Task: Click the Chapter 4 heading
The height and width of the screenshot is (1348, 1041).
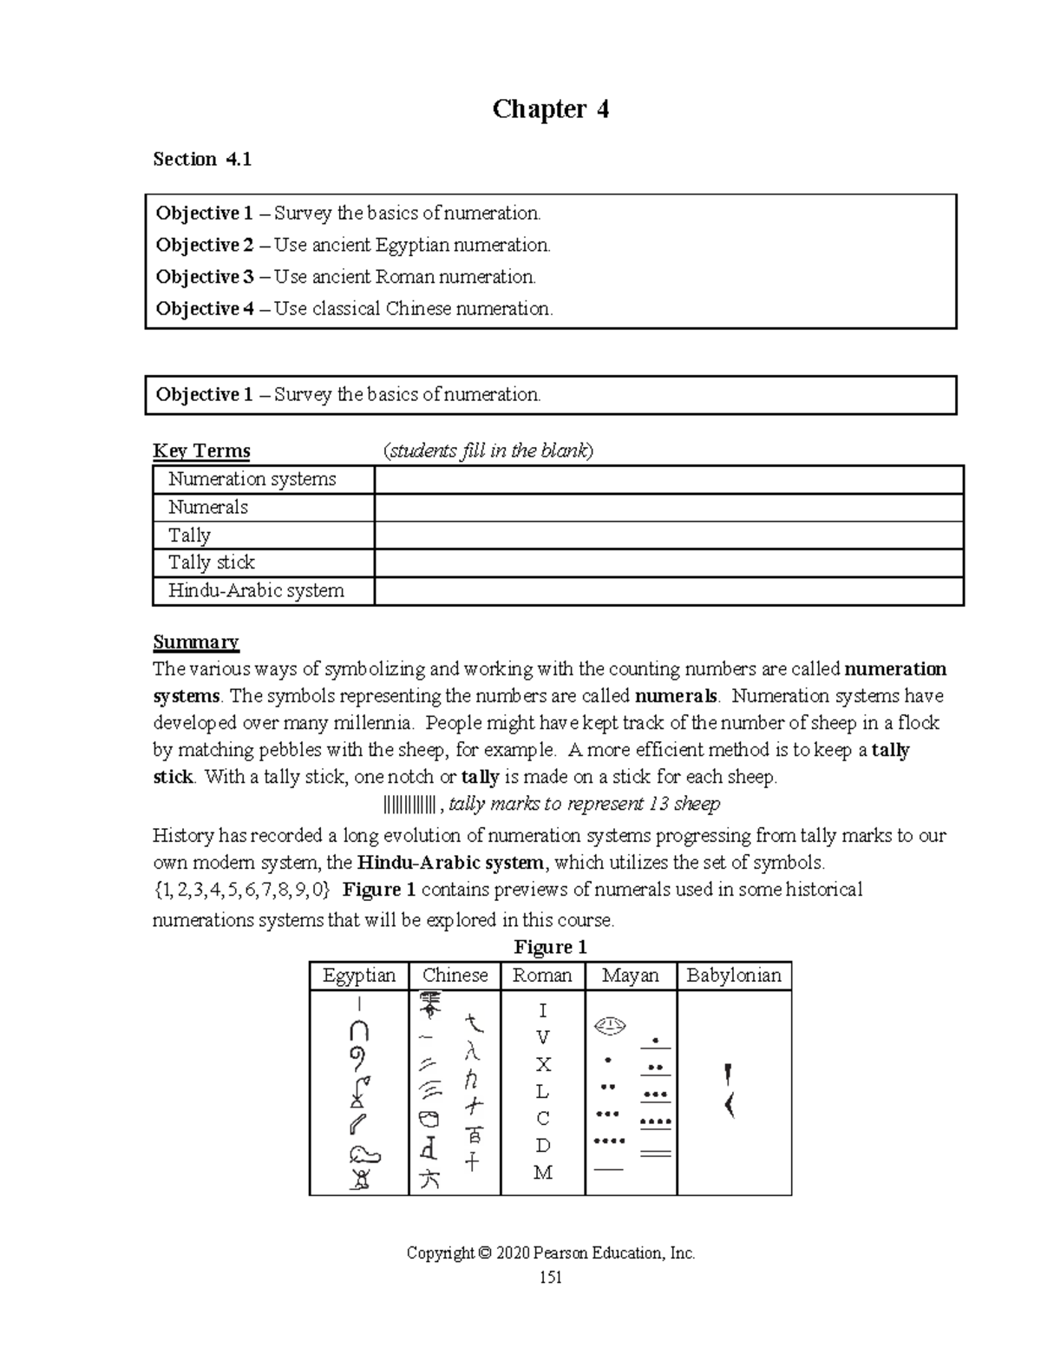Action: (x=550, y=109)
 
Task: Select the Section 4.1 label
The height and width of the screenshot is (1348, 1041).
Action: (x=201, y=159)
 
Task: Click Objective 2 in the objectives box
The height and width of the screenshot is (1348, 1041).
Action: (x=204, y=246)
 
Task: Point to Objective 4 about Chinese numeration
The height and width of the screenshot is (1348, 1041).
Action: (x=204, y=309)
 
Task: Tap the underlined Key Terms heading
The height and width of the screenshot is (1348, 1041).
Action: (x=201, y=450)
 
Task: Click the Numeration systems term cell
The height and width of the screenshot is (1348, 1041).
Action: (x=252, y=479)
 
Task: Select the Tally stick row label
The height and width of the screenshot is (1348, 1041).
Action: (x=212, y=562)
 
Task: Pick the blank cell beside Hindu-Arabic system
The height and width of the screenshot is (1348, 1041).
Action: (x=668, y=591)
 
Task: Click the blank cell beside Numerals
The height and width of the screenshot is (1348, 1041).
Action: (x=668, y=508)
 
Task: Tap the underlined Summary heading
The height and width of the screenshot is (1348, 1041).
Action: (x=195, y=642)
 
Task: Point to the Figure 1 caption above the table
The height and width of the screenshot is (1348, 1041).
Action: (x=550, y=947)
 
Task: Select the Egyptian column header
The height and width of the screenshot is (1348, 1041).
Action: (x=359, y=976)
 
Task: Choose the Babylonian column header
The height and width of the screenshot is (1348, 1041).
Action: (x=734, y=976)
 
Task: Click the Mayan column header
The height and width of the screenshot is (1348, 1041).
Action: (x=630, y=976)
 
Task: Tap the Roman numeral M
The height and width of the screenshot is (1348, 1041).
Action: (x=543, y=1174)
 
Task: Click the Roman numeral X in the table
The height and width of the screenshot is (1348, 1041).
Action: (x=543, y=1065)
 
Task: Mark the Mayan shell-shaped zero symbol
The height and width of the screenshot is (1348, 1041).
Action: (x=610, y=1026)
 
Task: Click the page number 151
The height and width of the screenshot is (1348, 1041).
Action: (x=550, y=1277)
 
